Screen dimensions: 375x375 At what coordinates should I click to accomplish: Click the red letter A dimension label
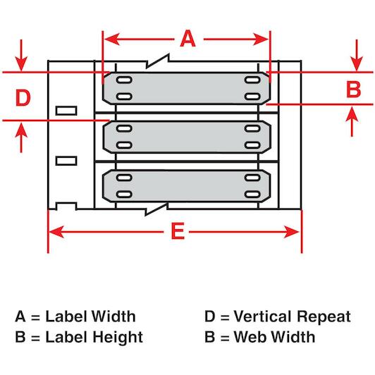pos(187,39)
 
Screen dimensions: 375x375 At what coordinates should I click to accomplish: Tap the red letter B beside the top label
pos(353,90)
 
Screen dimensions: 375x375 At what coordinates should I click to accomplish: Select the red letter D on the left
pos(23,97)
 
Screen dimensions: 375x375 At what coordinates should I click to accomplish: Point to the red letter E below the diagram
pos(178,231)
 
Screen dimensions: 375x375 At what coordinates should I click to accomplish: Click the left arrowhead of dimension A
pos(112,39)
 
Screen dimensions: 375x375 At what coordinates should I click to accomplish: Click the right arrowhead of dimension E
pos(291,232)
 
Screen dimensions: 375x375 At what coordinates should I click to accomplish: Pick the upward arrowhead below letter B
pos(352,113)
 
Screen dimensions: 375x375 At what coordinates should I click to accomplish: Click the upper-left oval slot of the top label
pos(124,80)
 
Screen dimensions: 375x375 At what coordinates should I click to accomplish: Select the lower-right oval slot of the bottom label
pos(252,195)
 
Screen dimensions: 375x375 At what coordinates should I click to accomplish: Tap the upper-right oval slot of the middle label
pos(252,128)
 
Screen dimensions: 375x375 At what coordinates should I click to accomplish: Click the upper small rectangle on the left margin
pos(66,111)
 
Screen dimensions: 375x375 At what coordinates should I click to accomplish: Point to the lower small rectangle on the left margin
pos(66,161)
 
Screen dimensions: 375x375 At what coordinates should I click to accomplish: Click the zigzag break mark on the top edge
pos(158,61)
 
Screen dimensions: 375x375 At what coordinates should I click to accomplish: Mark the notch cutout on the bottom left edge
pos(66,206)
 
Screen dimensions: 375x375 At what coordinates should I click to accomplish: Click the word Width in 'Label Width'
pos(114,316)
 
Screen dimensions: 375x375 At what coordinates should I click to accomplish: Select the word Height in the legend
pos(118,337)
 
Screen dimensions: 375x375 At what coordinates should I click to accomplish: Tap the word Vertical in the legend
pos(264,316)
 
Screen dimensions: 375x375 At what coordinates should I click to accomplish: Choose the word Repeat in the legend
pos(324,317)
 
